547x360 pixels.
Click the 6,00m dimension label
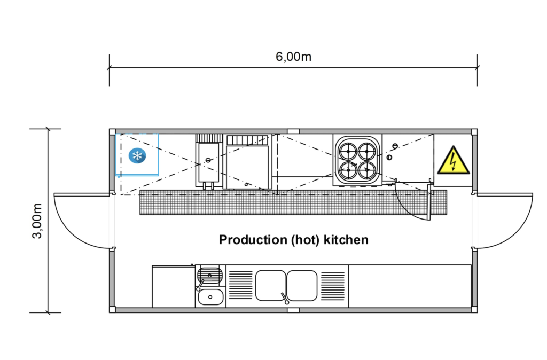click(x=293, y=57)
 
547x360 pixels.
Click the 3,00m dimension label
click(x=37, y=221)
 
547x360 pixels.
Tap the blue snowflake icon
click(x=137, y=156)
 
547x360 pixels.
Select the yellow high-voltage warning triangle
click(x=452, y=161)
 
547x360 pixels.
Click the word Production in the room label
click(x=253, y=240)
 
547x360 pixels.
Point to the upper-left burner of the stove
click(x=348, y=151)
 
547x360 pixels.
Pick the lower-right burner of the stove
click(x=368, y=171)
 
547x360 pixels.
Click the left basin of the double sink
click(x=270, y=285)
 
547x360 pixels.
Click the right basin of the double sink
click(x=302, y=285)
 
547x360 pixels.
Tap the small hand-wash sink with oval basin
click(x=209, y=296)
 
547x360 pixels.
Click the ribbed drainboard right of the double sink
click(x=333, y=285)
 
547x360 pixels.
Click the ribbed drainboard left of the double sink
click(x=239, y=285)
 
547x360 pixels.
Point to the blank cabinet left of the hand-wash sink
click(x=173, y=286)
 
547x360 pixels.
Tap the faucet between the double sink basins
click(x=284, y=298)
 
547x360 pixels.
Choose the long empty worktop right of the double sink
click(x=409, y=286)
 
